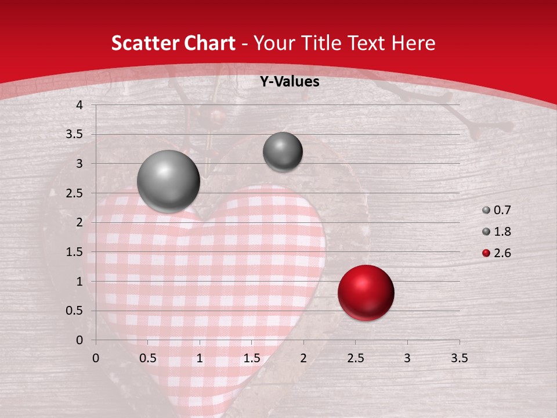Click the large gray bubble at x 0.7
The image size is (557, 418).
(169, 181)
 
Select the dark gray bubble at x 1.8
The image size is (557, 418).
(283, 152)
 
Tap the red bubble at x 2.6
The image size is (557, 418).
(366, 293)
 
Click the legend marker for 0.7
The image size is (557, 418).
(486, 210)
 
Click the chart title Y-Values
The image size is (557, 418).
(290, 82)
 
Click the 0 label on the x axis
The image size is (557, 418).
(96, 358)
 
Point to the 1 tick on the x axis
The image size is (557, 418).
(200, 358)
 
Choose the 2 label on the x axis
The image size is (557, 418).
(303, 358)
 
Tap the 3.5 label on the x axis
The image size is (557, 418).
(459, 358)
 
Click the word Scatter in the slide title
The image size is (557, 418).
(143, 44)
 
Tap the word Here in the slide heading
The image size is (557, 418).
(413, 44)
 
